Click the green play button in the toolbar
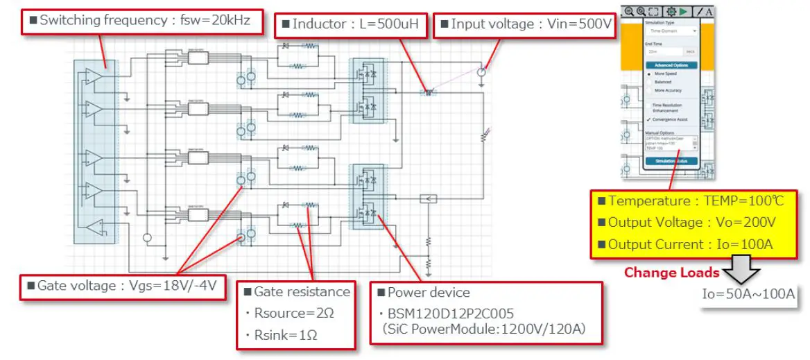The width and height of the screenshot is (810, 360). pyautogui.click(x=684, y=11)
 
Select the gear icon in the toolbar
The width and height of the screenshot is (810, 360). pyautogui.click(x=671, y=11)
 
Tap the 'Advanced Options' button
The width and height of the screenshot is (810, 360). pyautogui.click(x=671, y=65)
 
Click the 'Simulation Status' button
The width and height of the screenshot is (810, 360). pyautogui.click(x=671, y=161)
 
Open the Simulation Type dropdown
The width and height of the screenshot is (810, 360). pyautogui.click(x=671, y=31)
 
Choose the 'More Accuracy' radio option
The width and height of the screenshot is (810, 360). pyautogui.click(x=649, y=90)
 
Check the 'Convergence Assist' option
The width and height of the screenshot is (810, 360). pyautogui.click(x=649, y=119)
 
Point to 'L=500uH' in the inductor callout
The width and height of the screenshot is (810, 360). pyautogui.click(x=389, y=24)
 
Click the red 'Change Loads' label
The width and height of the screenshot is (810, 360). pyautogui.click(x=671, y=272)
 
